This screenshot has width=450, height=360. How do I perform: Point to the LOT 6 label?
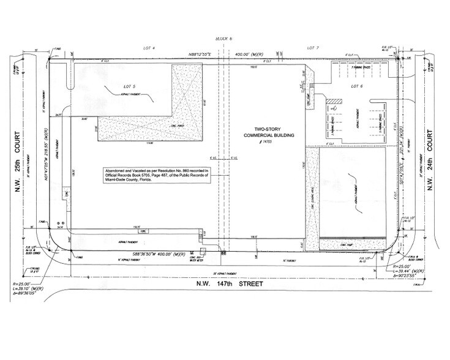[x=357, y=86]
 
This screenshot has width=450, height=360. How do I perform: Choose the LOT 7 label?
[x=313, y=47]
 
